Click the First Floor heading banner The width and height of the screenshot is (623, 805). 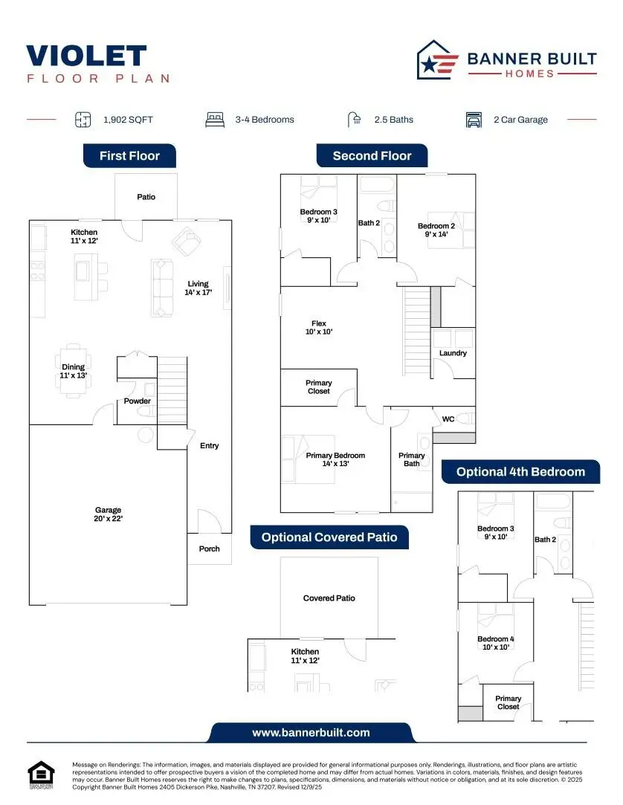[x=129, y=156]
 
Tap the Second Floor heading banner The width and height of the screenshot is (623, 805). [x=372, y=156]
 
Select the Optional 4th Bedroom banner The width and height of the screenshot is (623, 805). [x=520, y=472]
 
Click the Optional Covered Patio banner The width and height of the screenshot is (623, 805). [x=329, y=537]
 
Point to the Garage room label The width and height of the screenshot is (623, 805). [x=108, y=514]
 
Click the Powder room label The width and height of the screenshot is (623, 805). [x=137, y=401]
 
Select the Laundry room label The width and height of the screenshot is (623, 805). [x=453, y=353]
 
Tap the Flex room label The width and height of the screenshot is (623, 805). [x=319, y=328]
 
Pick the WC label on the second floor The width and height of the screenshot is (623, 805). [x=448, y=419]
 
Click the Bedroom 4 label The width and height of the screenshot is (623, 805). [x=495, y=643]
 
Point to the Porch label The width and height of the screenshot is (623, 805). [x=210, y=549]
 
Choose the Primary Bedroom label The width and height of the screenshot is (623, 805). [x=335, y=459]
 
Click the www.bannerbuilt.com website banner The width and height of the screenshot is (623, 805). [x=311, y=732]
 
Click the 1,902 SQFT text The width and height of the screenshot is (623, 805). [x=128, y=120]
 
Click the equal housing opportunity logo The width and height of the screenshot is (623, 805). [x=42, y=774]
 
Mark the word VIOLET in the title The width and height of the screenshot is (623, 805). [x=86, y=56]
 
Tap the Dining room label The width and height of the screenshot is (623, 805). [x=74, y=371]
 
